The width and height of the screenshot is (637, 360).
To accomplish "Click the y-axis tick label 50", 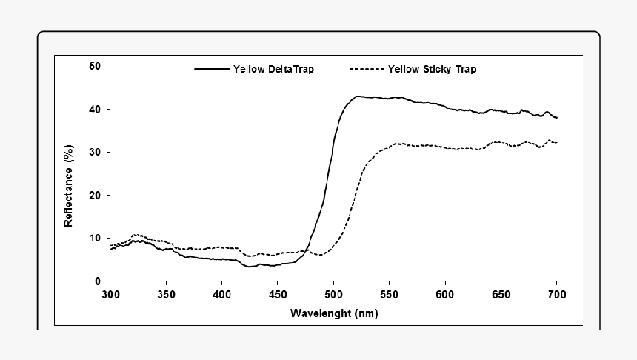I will click(95, 66).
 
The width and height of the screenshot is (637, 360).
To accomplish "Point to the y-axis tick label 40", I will click(95, 109).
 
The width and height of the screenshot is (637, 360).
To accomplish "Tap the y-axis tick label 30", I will click(95, 152).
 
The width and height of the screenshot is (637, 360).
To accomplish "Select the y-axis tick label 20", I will click(95, 195).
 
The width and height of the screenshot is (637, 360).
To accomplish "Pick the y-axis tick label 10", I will click(95, 238).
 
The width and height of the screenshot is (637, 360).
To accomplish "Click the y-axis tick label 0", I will click(98, 281).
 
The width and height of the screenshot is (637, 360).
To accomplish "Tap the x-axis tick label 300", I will click(110, 295).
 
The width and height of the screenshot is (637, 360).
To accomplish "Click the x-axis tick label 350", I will click(166, 295).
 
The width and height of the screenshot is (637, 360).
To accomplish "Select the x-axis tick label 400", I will click(221, 295).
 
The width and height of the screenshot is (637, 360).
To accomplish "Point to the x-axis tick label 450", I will click(277, 295).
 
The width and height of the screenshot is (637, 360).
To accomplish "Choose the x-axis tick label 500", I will click(333, 295).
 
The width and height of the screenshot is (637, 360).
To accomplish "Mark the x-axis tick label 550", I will click(389, 295).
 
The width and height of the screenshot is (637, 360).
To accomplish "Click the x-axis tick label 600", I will click(444, 295).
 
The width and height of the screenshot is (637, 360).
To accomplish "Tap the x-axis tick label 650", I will click(501, 295).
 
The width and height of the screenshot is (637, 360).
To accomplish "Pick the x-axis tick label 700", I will click(556, 295).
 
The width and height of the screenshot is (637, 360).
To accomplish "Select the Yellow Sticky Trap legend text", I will click(432, 70).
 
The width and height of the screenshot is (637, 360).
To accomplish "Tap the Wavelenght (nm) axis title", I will click(333, 313).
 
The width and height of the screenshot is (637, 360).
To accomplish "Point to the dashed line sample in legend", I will click(366, 70).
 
